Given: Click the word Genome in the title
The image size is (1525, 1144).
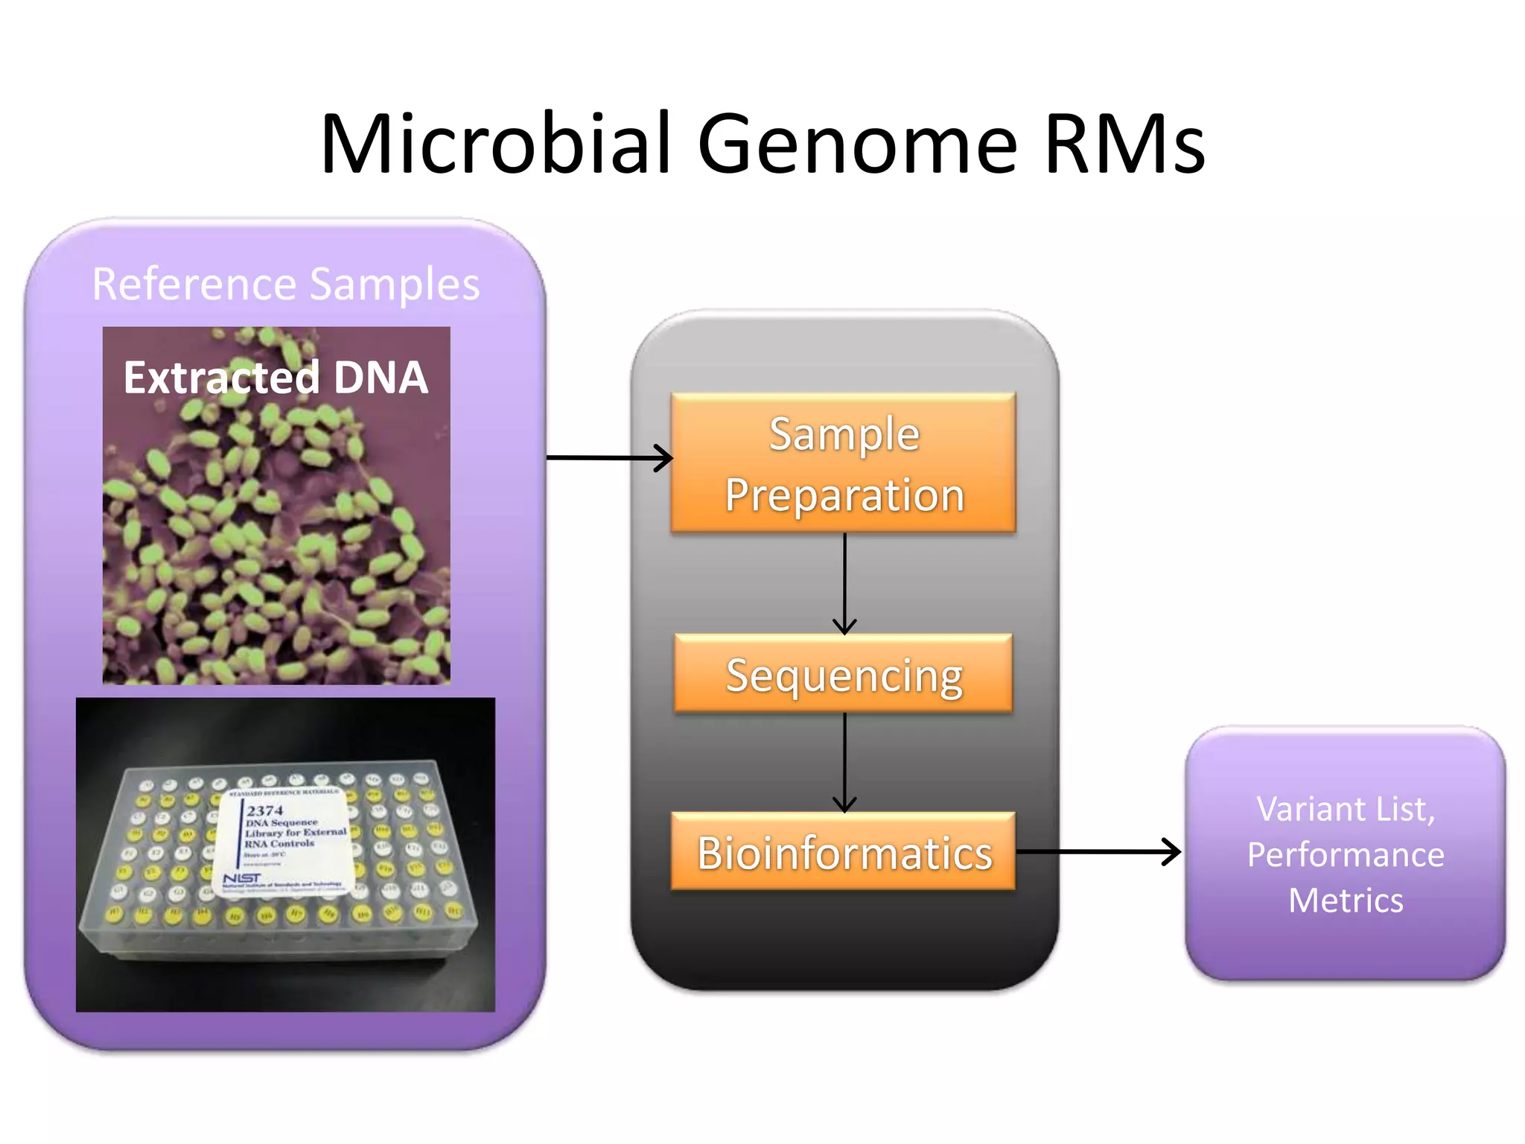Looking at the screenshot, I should [x=857, y=143].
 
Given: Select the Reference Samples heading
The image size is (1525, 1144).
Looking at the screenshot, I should [x=286, y=284].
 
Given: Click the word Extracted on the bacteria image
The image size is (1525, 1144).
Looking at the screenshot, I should [x=221, y=377].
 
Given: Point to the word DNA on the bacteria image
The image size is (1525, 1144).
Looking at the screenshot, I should [x=381, y=377].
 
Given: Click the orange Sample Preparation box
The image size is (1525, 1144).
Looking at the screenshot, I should [x=844, y=463].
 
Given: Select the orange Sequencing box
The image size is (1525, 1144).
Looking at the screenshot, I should [x=844, y=675].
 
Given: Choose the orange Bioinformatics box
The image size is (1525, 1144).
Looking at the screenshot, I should [x=844, y=852].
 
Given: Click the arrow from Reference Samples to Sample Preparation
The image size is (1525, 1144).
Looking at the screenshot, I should [x=609, y=457].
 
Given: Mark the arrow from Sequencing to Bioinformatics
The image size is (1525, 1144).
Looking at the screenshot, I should [x=844, y=762].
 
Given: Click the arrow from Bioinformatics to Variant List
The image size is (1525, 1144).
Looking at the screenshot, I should [x=1098, y=851].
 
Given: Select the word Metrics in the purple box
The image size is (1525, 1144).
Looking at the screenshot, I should [x=1346, y=900].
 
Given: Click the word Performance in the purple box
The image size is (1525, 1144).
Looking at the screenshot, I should [x=1346, y=854].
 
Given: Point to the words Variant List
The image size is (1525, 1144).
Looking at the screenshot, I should [x=1346, y=809].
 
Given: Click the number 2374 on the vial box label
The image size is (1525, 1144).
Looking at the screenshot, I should [x=265, y=810].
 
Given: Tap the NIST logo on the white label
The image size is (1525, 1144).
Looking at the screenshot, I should [x=242, y=878].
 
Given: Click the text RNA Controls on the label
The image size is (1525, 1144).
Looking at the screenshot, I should [x=279, y=844].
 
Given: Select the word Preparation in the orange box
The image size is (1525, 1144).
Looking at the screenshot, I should [x=844, y=495].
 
